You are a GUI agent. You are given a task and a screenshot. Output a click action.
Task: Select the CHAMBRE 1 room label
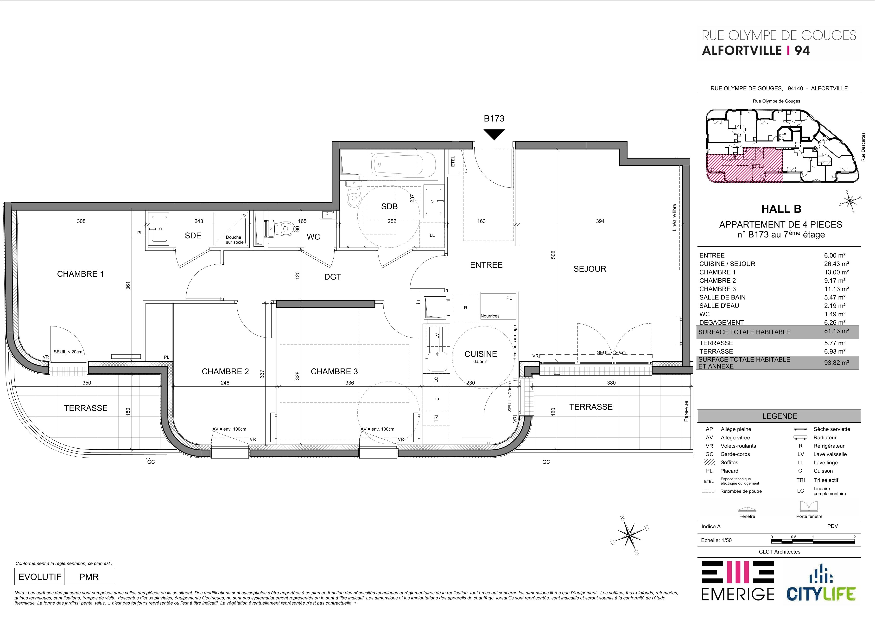[80, 274]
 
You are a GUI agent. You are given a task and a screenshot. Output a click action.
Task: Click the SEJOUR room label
[590, 269]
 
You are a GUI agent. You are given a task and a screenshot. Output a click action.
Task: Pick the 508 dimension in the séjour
[553, 254]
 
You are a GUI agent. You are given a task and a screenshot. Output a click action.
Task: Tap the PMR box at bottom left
[89, 577]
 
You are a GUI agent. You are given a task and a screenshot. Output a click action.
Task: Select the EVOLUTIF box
[40, 577]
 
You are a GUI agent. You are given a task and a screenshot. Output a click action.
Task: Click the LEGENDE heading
[780, 416]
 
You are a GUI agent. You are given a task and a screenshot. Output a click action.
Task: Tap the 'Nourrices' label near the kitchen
[490, 316]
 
